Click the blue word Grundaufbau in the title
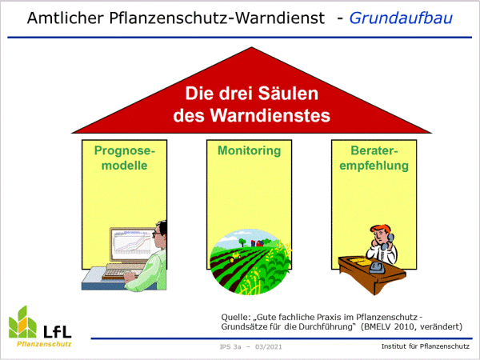click(x=401, y=18)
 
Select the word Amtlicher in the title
click(x=66, y=18)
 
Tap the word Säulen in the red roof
click(x=288, y=93)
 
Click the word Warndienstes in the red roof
click(x=270, y=115)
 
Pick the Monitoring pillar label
click(x=249, y=151)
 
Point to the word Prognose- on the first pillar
click(x=125, y=150)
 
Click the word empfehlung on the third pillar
click(x=374, y=166)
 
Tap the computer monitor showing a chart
click(x=132, y=245)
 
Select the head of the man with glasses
click(x=160, y=234)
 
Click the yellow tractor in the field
click(x=235, y=257)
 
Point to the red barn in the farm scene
click(x=259, y=243)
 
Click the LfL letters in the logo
click(x=58, y=331)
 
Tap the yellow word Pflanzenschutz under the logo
click(x=44, y=344)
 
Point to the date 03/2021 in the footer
click(x=269, y=347)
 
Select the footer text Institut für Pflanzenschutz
click(x=426, y=346)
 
